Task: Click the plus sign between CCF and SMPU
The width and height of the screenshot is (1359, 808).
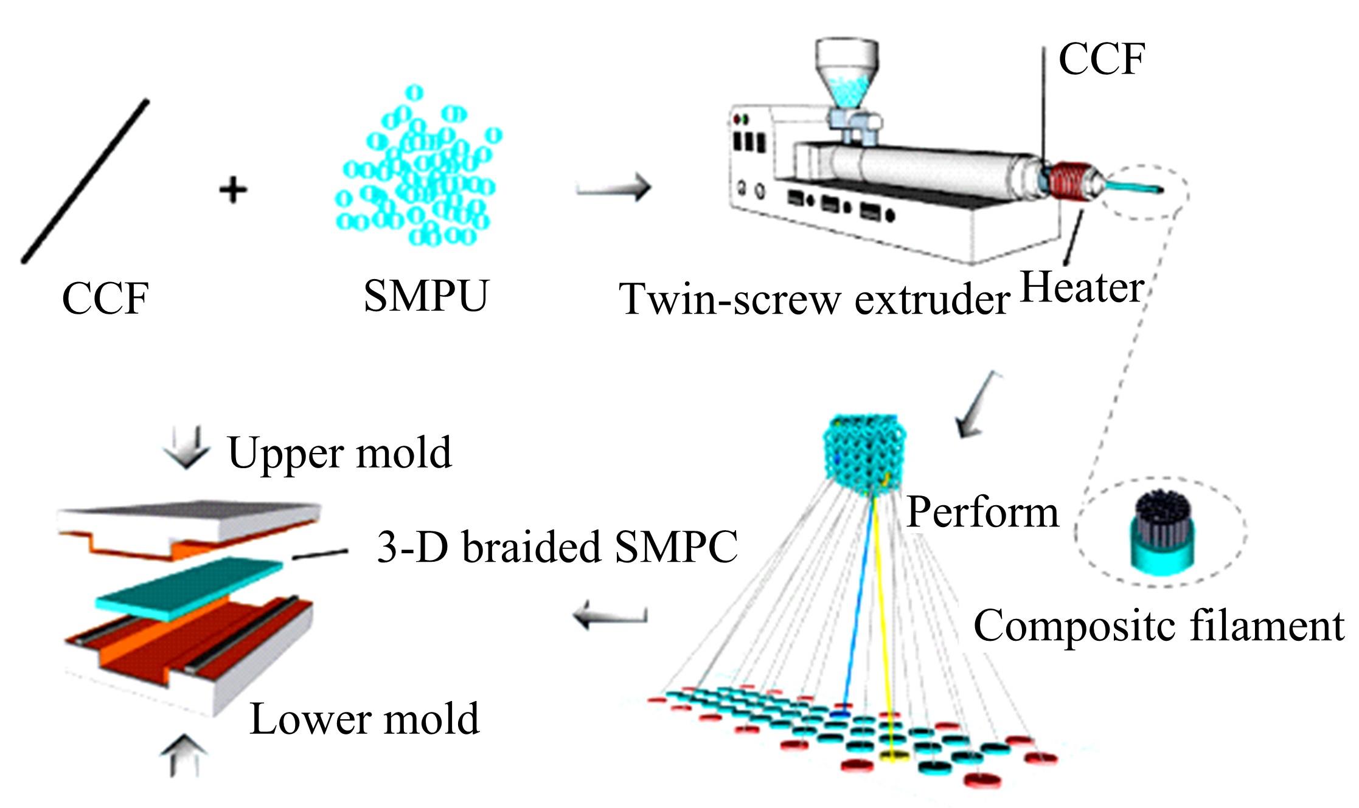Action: pyautogui.click(x=233, y=190)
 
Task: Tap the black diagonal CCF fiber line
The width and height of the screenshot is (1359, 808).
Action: pyautogui.click(x=85, y=181)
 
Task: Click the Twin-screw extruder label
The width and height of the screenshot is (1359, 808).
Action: pyautogui.click(x=814, y=299)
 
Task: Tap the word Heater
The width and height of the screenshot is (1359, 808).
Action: pyautogui.click(x=1081, y=287)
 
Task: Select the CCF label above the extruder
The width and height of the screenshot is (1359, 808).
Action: pyautogui.click(x=1102, y=59)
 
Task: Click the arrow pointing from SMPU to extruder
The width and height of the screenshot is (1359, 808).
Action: pyautogui.click(x=613, y=187)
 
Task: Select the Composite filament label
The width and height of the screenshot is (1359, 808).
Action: pyautogui.click(x=1159, y=624)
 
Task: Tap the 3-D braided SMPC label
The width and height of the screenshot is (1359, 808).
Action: pyautogui.click(x=557, y=547)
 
